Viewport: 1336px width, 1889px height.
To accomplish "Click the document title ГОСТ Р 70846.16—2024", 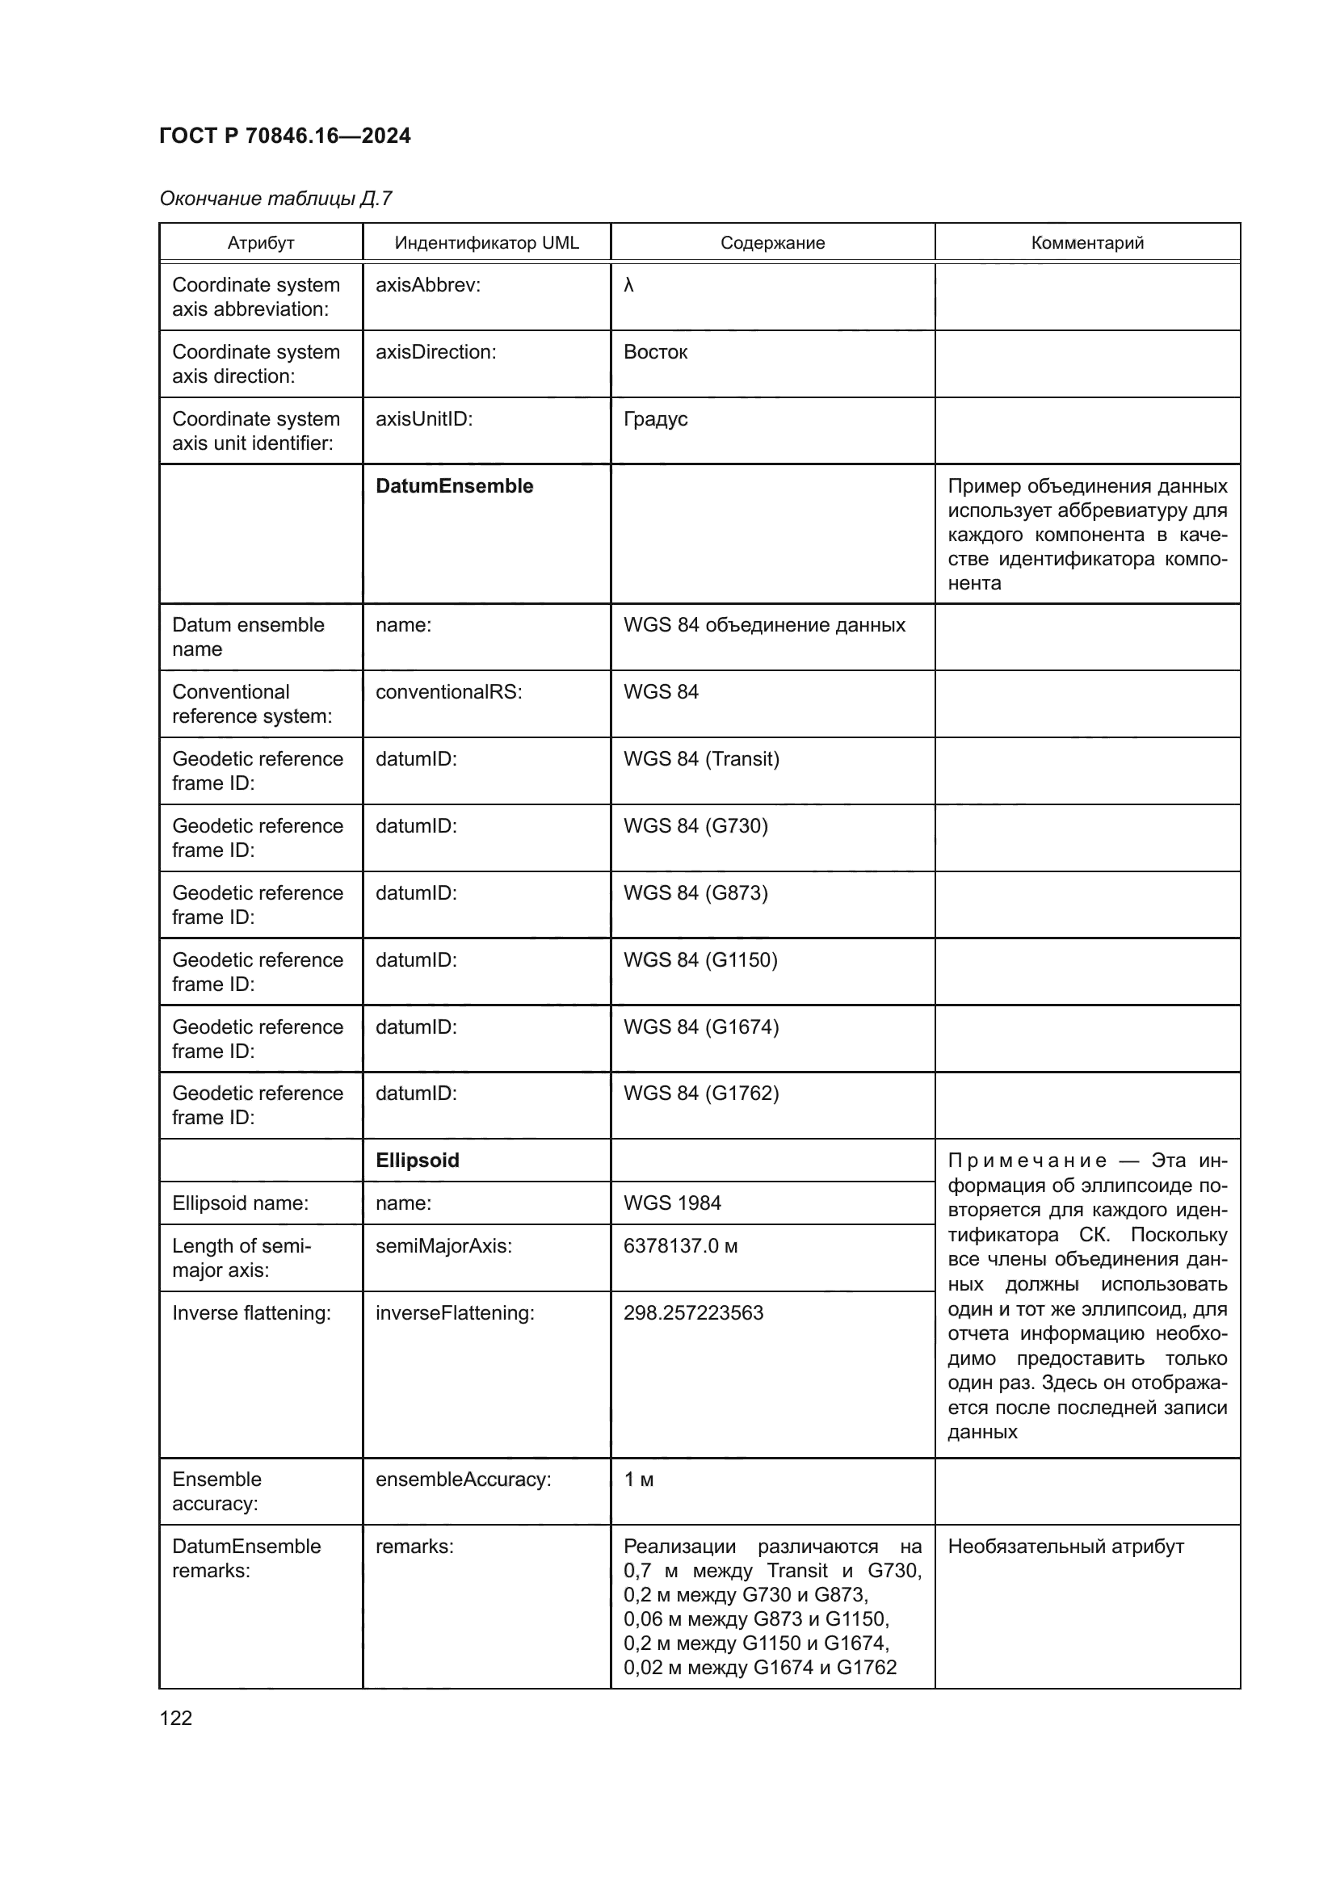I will [284, 136].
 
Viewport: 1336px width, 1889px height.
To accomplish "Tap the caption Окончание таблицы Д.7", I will [275, 199].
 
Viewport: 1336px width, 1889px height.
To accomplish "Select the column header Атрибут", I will [261, 243].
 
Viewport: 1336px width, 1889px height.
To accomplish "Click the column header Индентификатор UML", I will [486, 243].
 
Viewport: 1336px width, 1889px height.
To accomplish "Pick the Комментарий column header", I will [1086, 243].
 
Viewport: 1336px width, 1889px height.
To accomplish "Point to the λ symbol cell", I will [628, 285].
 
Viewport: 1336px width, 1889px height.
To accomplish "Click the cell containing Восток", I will [655, 352].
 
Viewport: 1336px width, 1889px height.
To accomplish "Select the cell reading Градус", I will [655, 419].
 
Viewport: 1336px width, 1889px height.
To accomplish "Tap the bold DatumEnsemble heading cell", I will [454, 486].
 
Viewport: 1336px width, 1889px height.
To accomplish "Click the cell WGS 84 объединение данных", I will [763, 625].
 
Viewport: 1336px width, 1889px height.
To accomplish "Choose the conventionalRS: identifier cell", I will [448, 692].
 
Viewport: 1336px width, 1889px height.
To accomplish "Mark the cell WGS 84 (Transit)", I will [701, 758].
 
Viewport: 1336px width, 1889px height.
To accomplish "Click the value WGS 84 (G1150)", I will [700, 960].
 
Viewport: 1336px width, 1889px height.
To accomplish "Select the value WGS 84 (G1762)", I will [701, 1094].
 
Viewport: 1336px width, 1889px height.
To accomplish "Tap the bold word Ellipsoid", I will [417, 1161].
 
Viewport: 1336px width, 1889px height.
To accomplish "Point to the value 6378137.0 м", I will [680, 1245].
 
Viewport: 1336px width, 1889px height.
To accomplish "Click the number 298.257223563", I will [693, 1313].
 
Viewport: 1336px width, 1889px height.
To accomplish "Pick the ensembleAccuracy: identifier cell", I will [463, 1480].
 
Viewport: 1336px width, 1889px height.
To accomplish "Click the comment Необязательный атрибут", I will [1065, 1547].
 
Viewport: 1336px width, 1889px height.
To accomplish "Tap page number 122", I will [175, 1718].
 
